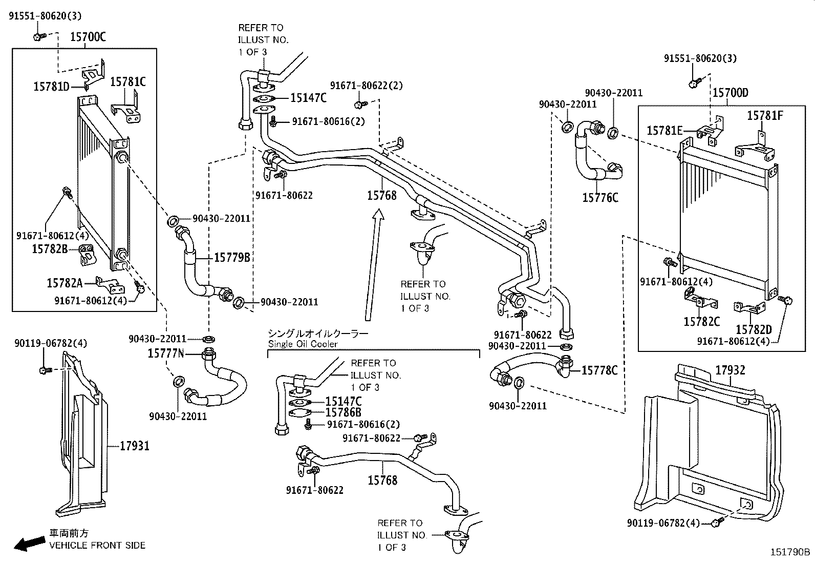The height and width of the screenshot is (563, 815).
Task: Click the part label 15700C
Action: coord(88,37)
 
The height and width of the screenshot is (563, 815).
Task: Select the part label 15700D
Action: coord(730,93)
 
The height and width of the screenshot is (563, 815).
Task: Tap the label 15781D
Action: coord(51,87)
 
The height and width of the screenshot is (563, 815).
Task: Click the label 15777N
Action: coord(165,353)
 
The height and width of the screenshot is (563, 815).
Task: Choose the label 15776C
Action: coord(600,197)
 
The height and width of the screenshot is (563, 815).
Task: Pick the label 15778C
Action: coord(599,370)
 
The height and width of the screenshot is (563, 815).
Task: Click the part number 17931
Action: coord(135,446)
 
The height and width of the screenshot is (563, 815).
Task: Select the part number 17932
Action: coord(730,370)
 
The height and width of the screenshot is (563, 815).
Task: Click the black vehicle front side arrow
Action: coord(28,544)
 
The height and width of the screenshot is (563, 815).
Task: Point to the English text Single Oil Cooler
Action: coord(303,344)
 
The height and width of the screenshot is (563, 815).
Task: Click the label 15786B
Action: coord(344,412)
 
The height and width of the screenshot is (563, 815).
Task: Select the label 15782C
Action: coord(701,321)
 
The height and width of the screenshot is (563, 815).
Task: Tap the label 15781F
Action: coord(765,115)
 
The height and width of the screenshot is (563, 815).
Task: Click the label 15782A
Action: coord(65,283)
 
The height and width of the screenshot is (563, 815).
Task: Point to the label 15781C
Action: coord(128,81)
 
